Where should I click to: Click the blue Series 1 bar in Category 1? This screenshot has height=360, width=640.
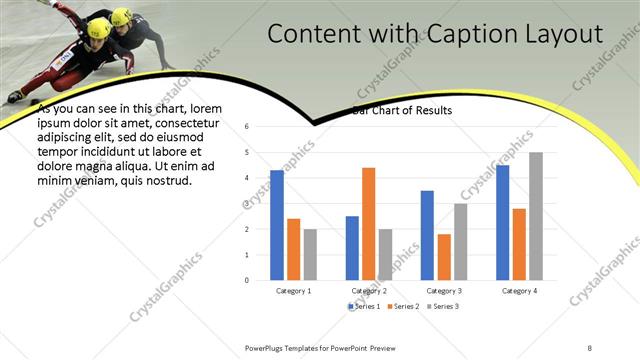277,225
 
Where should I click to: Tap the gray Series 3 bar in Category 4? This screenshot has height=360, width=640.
536,216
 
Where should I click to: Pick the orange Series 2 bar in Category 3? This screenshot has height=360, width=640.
443,257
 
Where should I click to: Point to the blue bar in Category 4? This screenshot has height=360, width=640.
502,222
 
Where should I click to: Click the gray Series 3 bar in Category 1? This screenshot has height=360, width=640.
310,254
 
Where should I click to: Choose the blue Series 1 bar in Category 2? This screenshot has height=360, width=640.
352,248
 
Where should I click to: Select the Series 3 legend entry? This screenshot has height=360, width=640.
443,305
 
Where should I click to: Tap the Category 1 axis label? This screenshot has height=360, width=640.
293,291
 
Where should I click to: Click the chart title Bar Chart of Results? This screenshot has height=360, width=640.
402,110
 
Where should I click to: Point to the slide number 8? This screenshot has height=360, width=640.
590,347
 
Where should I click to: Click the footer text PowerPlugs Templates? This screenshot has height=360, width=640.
289,347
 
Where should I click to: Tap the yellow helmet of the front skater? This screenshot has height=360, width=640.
99,26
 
